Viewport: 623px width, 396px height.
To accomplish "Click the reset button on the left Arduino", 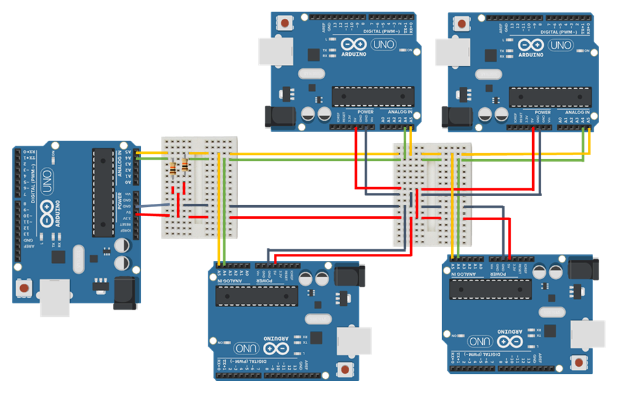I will [24, 286].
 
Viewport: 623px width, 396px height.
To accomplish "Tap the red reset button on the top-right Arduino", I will [461, 23].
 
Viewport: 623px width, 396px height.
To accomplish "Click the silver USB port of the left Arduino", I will [55, 297].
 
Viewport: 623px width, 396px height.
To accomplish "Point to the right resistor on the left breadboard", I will [186, 165].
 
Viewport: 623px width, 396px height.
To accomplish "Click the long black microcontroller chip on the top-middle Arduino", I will [373, 96].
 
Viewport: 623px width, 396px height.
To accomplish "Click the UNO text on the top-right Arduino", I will [560, 45].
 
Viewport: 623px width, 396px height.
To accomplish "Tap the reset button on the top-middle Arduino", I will [285, 23].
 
